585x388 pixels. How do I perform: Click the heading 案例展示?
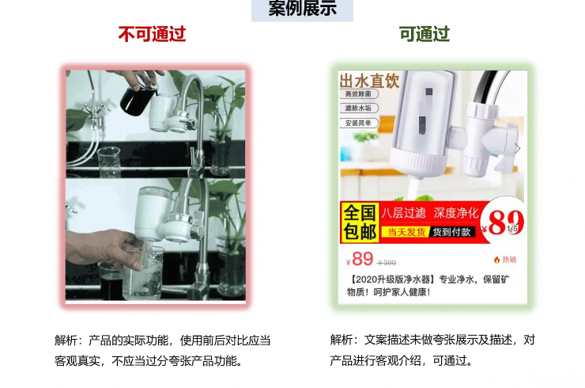pyautogui.click(x=302, y=9)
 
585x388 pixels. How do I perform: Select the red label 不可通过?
pyautogui.click(x=152, y=34)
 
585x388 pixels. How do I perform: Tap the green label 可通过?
pyautogui.click(x=424, y=34)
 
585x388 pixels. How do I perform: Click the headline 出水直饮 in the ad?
pyautogui.click(x=369, y=81)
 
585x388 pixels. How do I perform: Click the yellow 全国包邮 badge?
pyautogui.click(x=359, y=223)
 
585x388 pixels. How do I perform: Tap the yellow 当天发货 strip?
pyautogui.click(x=405, y=232)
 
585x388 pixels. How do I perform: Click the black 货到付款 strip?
pyautogui.click(x=452, y=232)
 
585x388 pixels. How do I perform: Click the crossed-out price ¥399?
pyautogui.click(x=387, y=263)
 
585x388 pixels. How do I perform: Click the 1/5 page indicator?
pyautogui.click(x=512, y=229)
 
